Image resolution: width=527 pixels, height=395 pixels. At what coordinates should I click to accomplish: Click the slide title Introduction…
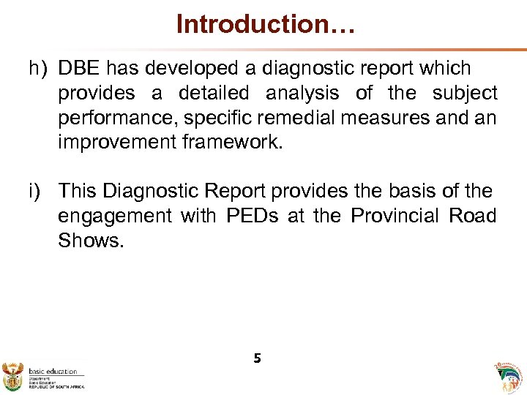(266, 24)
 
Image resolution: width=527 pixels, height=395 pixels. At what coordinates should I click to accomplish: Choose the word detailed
(213, 94)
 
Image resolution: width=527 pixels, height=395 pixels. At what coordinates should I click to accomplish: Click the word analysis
(302, 94)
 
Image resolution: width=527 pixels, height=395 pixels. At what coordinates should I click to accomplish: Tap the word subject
(465, 94)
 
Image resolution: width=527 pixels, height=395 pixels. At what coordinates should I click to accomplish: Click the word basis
(408, 192)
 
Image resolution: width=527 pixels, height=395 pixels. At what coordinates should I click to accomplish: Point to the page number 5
(257, 358)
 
